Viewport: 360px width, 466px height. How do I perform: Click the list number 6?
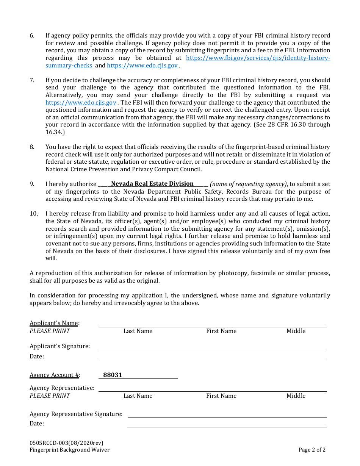click(32, 36)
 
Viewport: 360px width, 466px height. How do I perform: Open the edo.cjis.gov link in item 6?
click(142, 66)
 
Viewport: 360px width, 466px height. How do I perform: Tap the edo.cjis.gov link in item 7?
click(81, 103)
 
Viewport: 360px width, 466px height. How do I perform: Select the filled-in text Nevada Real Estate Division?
click(152, 184)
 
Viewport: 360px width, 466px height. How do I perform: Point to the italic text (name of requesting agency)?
click(248, 184)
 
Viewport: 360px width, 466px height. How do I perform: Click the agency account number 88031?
click(113, 375)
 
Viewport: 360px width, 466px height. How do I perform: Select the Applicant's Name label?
click(54, 323)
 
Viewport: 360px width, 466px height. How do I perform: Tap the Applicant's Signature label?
click(59, 346)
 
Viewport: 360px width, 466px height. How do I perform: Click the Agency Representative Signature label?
click(76, 414)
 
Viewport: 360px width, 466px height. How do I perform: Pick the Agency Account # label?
click(55, 375)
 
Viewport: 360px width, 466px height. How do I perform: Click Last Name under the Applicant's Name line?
click(138, 331)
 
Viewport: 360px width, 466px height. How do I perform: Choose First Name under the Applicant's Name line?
click(221, 331)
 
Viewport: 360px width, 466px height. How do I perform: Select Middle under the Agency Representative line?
click(296, 396)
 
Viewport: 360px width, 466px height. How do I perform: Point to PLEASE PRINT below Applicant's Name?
click(50, 331)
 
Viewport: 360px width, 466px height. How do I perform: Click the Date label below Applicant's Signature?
click(37, 357)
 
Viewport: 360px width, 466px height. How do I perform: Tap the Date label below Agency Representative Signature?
click(37, 424)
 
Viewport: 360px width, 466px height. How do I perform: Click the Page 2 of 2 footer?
click(312, 450)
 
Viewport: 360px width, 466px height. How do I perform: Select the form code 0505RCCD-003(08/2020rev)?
click(66, 443)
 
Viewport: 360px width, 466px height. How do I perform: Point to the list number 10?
click(34, 214)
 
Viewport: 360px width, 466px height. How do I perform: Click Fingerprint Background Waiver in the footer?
click(69, 450)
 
